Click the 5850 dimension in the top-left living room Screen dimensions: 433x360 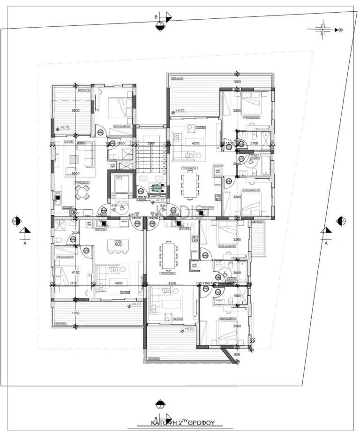click(x=75, y=173)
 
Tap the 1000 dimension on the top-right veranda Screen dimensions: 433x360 click(x=237, y=82)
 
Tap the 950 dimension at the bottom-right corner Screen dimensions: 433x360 click(x=237, y=355)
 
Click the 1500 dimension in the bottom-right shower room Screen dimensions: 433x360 click(x=237, y=296)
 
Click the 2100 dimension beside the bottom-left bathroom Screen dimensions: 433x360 click(x=75, y=233)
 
